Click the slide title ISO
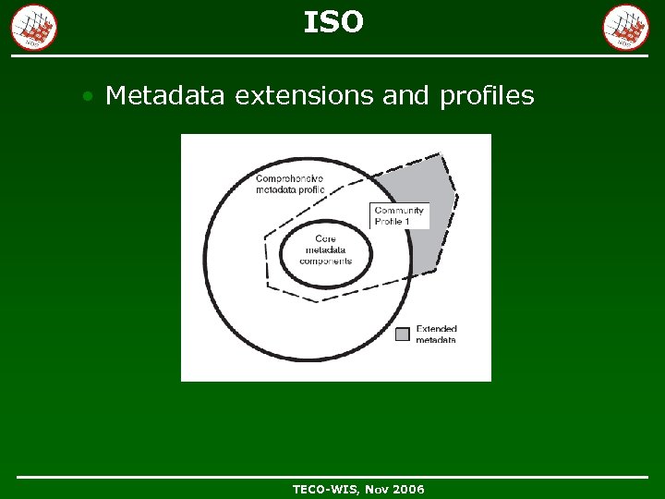tap(333, 22)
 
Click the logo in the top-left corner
tap(34, 28)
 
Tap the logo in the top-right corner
tap(626, 28)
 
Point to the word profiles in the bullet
tap(487, 95)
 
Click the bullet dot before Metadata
tap(87, 96)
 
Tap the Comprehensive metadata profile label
tap(290, 184)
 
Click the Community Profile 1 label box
tap(399, 216)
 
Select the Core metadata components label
tap(325, 249)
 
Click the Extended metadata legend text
tap(436, 335)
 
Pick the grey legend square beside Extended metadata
tap(403, 334)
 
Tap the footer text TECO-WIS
tap(328, 489)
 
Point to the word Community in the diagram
tap(399, 211)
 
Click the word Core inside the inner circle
tap(325, 238)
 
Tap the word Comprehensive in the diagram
tap(289, 178)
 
